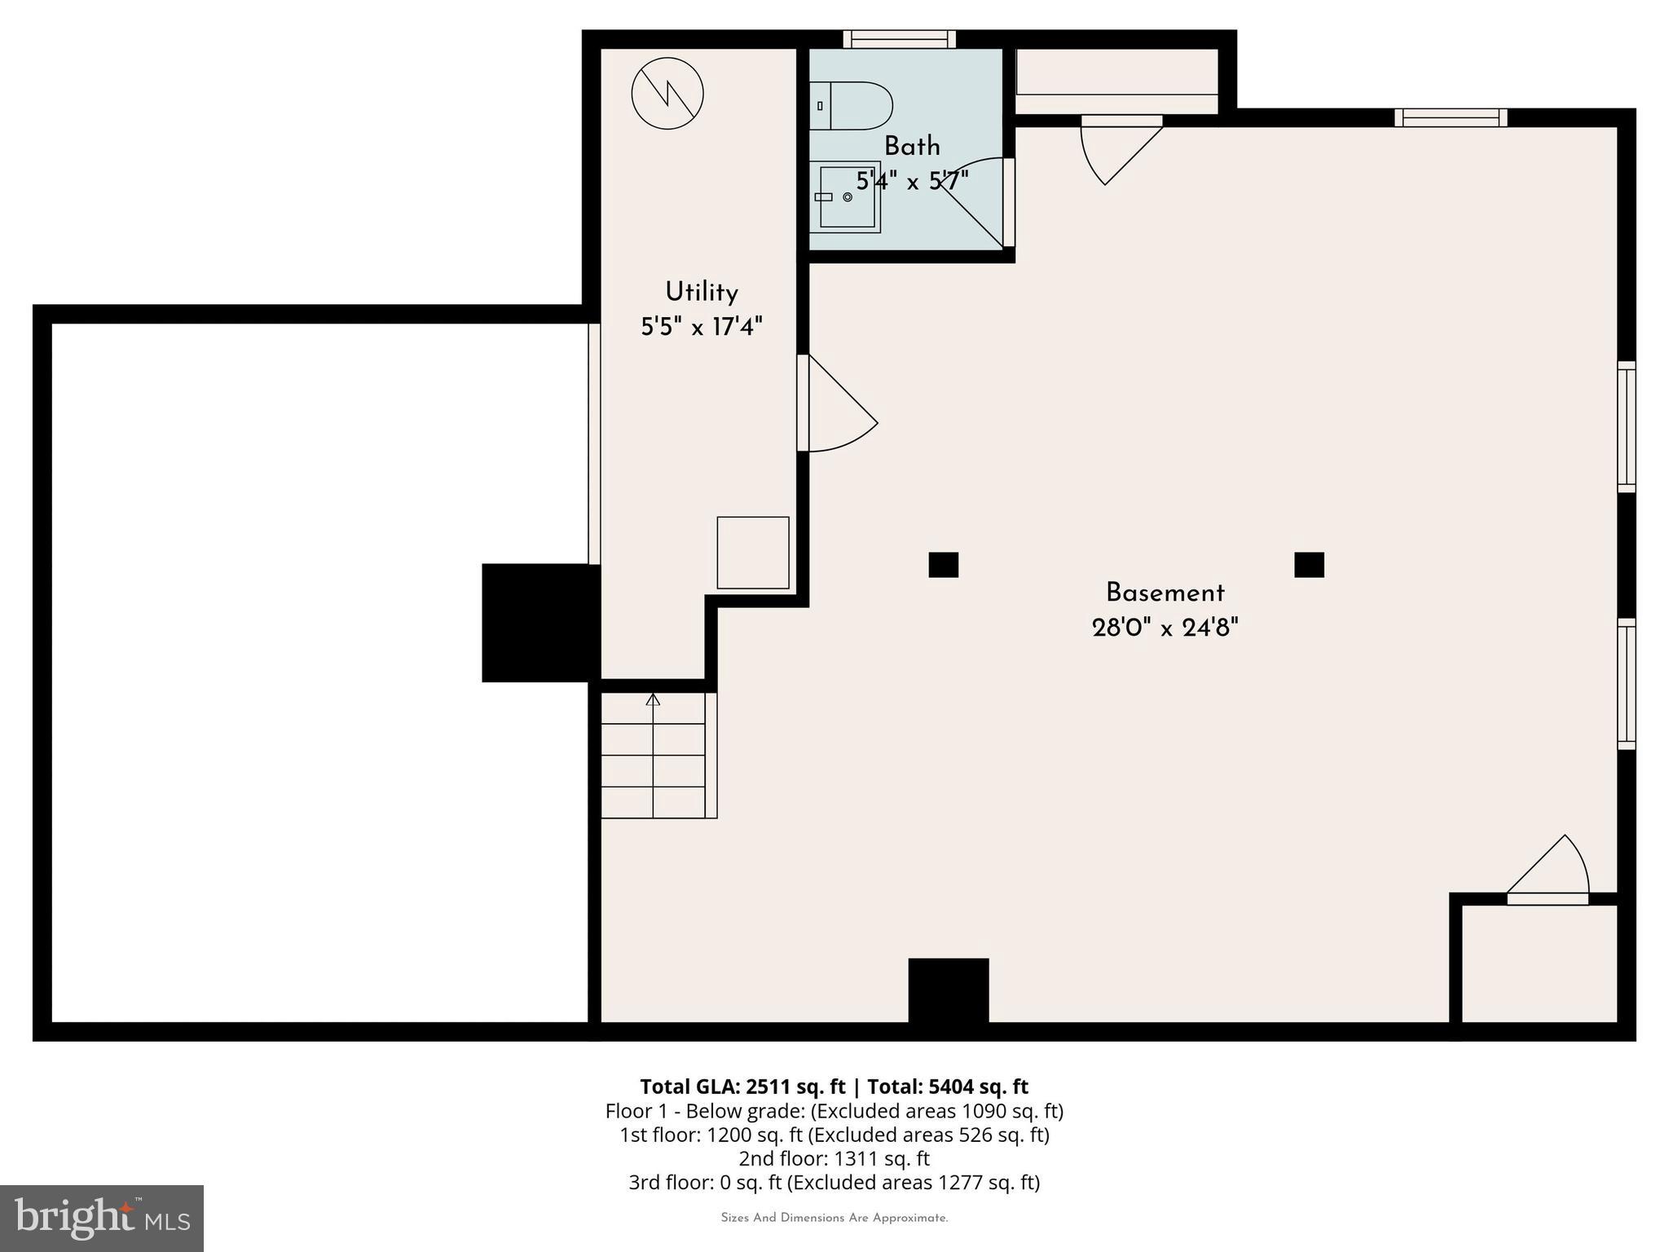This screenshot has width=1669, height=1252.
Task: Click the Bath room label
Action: point(911,147)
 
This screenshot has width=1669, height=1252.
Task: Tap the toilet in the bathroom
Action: point(852,106)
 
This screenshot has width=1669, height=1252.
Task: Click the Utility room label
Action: point(701,292)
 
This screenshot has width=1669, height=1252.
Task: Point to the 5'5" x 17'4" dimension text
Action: point(701,327)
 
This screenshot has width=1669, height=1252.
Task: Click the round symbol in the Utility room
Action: point(667,93)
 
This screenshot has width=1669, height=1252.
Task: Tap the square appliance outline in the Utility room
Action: point(752,553)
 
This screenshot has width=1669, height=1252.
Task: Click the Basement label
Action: point(1165,593)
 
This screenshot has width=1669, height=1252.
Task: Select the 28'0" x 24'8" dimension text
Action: point(1165,628)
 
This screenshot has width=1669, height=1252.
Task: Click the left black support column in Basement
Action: point(943,565)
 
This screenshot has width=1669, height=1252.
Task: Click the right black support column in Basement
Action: point(1309,565)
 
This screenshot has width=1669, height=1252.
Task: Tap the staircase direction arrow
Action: point(653,699)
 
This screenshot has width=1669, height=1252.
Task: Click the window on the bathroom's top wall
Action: point(899,39)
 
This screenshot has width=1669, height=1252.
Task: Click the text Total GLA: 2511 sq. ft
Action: point(742,1087)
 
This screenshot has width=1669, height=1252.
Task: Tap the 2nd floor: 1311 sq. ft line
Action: point(834,1158)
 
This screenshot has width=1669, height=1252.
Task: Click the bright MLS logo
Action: point(102,1218)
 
